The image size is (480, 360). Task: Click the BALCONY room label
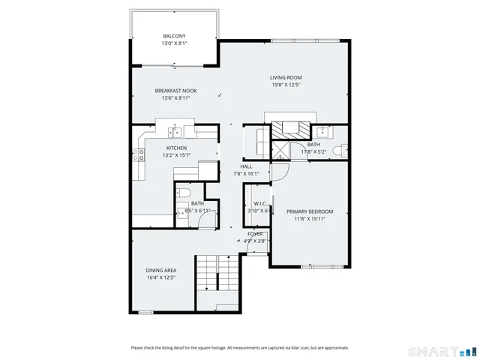(x=174, y=36)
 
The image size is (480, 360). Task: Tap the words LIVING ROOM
(x=286, y=77)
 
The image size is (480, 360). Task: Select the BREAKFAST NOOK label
(x=175, y=90)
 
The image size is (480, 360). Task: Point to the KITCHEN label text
(x=176, y=148)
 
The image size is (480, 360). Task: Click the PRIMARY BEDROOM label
(x=309, y=211)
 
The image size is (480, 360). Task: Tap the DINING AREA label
(x=160, y=270)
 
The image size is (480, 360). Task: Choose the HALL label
(x=246, y=166)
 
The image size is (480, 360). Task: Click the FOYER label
(x=255, y=234)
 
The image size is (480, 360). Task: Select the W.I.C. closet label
(x=260, y=203)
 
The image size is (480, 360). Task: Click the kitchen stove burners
(x=139, y=155)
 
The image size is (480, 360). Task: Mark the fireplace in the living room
(x=289, y=127)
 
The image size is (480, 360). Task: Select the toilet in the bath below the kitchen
(x=182, y=196)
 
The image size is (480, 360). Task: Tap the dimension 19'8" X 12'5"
(x=286, y=85)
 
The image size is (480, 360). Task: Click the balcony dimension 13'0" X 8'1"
(x=174, y=43)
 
